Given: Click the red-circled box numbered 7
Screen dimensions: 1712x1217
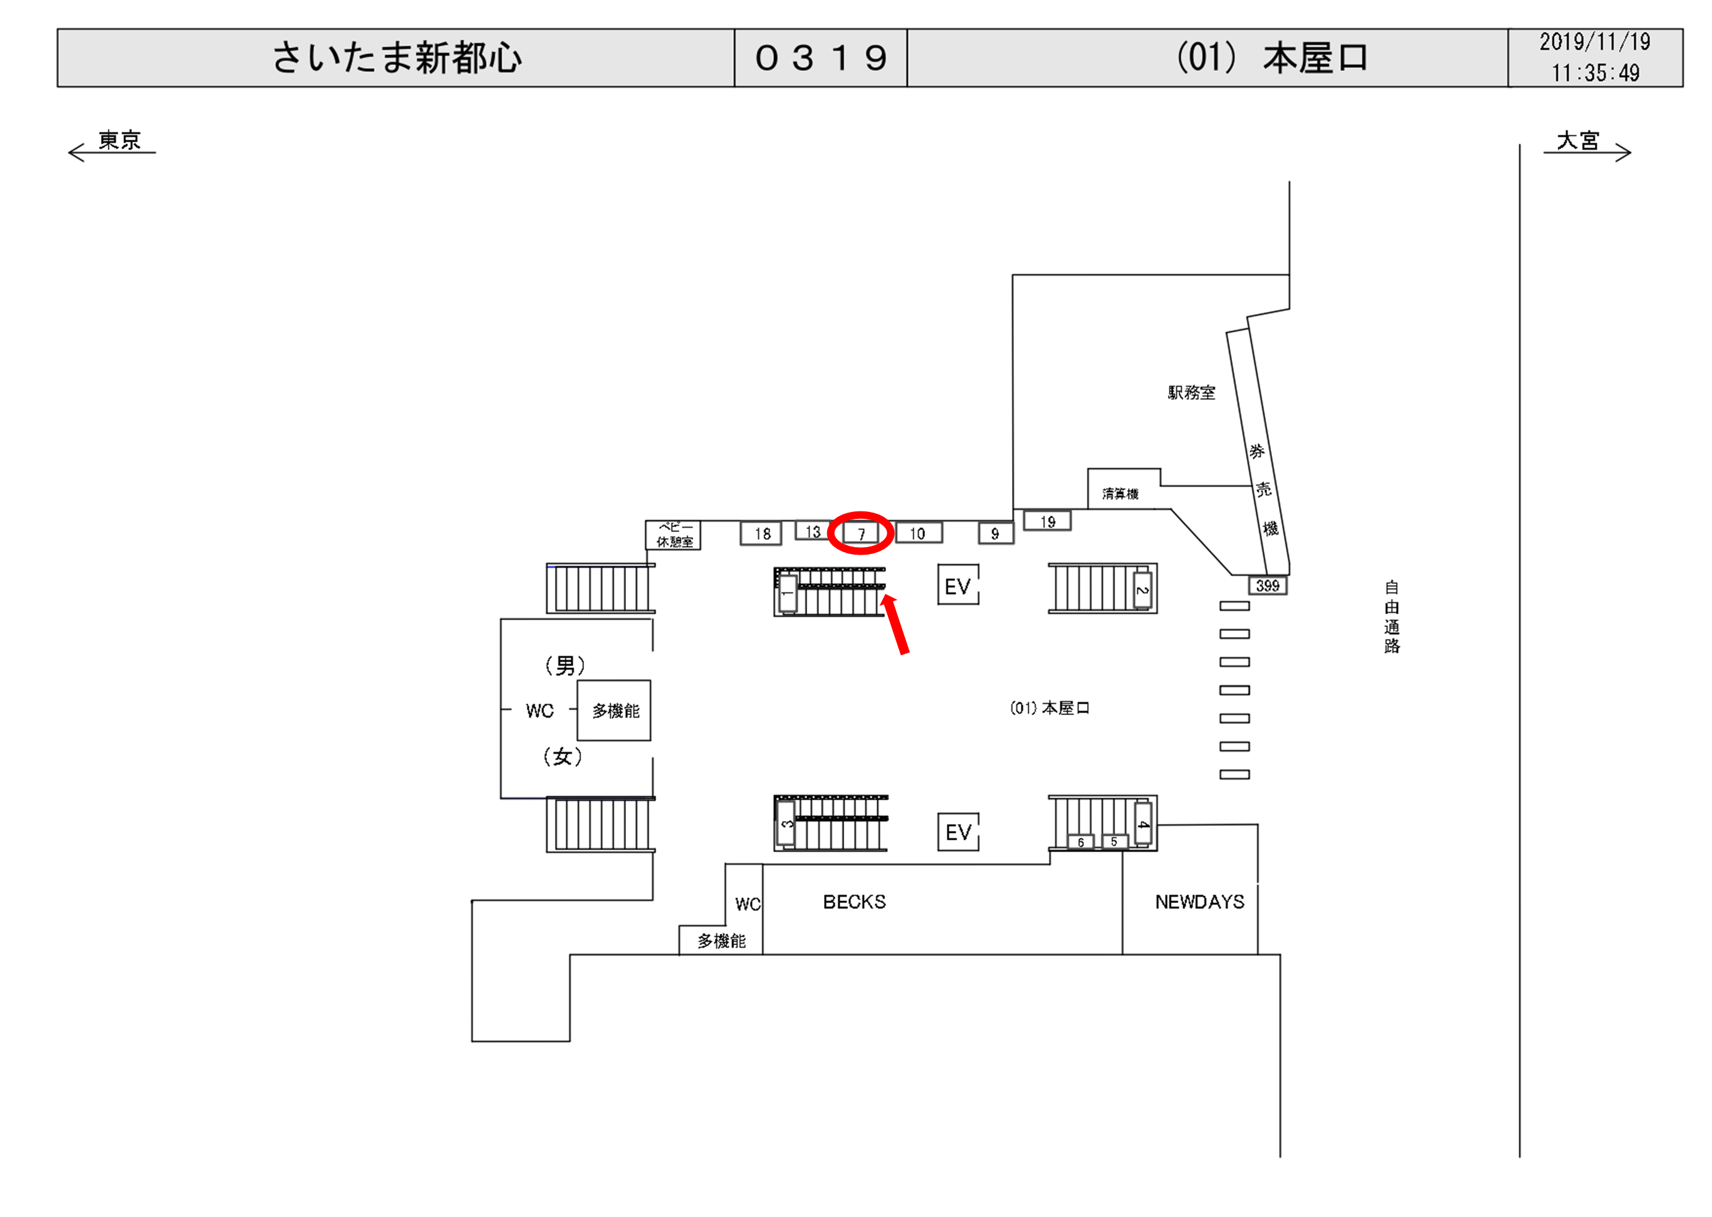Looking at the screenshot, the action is click(861, 533).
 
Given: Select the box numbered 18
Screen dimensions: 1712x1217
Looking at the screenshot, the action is click(761, 533).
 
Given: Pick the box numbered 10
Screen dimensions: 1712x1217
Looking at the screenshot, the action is click(918, 533).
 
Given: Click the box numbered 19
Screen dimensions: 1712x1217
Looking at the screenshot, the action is click(1047, 521).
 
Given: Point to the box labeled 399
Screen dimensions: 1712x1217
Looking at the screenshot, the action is click(1267, 585).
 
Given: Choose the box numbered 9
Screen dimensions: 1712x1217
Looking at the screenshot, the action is click(996, 533).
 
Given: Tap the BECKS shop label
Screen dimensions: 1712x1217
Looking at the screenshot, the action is click(854, 902).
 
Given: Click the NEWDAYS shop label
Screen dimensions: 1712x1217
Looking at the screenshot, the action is click(1199, 902).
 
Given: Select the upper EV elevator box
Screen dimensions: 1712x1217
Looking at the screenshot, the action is click(958, 585).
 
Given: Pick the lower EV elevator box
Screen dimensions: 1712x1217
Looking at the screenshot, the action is click(958, 831).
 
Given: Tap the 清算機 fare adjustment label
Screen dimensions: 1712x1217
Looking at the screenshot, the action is click(1120, 493).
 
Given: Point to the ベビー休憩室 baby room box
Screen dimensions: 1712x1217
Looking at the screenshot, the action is click(674, 535).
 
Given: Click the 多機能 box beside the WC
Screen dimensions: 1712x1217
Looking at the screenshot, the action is click(614, 711).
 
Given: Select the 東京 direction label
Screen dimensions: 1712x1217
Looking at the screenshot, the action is click(120, 140).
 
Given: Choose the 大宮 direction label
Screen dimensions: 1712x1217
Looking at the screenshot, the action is click(1577, 140).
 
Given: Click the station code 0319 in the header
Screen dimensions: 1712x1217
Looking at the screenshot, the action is click(821, 58).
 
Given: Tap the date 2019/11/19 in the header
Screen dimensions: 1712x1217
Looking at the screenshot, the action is click(1595, 42).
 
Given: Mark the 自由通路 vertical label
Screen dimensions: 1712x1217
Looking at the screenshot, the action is click(1391, 617).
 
